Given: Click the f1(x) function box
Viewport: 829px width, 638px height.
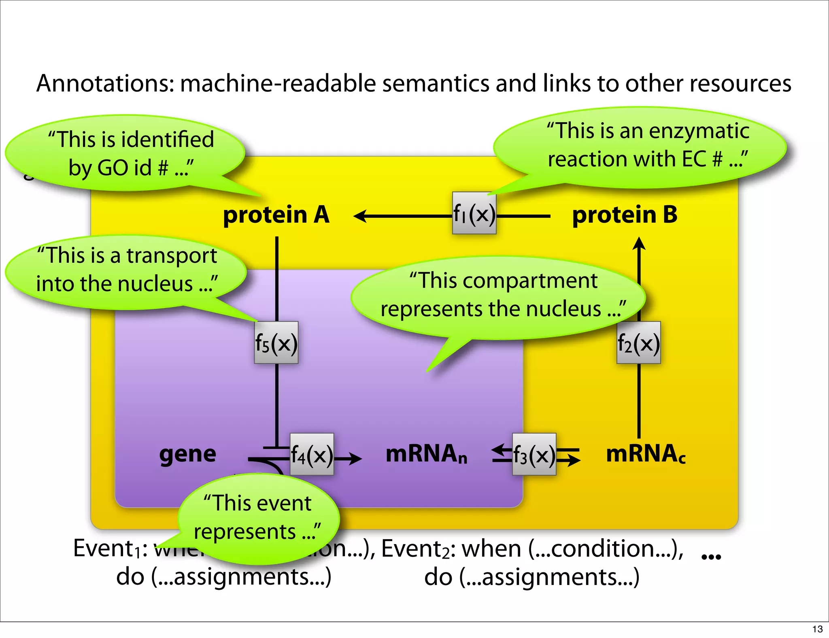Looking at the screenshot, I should click(x=474, y=213).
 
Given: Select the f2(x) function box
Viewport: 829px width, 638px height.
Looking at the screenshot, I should click(x=638, y=343).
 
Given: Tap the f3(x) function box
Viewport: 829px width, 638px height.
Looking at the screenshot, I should click(x=534, y=454).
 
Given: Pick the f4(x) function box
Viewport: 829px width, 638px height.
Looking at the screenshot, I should click(x=312, y=454).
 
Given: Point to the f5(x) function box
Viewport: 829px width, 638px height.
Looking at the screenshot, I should click(x=276, y=343).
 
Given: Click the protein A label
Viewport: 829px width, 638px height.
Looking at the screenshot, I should click(x=276, y=215).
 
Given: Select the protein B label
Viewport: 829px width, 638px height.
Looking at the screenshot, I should click(x=625, y=215).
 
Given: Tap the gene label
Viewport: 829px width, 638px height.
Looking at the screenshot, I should click(x=187, y=454).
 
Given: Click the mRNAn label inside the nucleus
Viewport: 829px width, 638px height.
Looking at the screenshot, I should click(x=426, y=454).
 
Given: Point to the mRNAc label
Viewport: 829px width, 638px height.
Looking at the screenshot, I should click(x=645, y=454).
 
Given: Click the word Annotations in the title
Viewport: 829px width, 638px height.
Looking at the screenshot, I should click(x=105, y=83).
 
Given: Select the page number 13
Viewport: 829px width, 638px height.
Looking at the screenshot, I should click(x=817, y=629).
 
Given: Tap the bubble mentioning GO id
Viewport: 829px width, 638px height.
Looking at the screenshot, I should click(x=125, y=154).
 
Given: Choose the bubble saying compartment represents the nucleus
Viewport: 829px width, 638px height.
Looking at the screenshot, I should click(x=498, y=296).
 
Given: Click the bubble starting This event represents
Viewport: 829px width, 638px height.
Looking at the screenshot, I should click(x=258, y=518).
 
